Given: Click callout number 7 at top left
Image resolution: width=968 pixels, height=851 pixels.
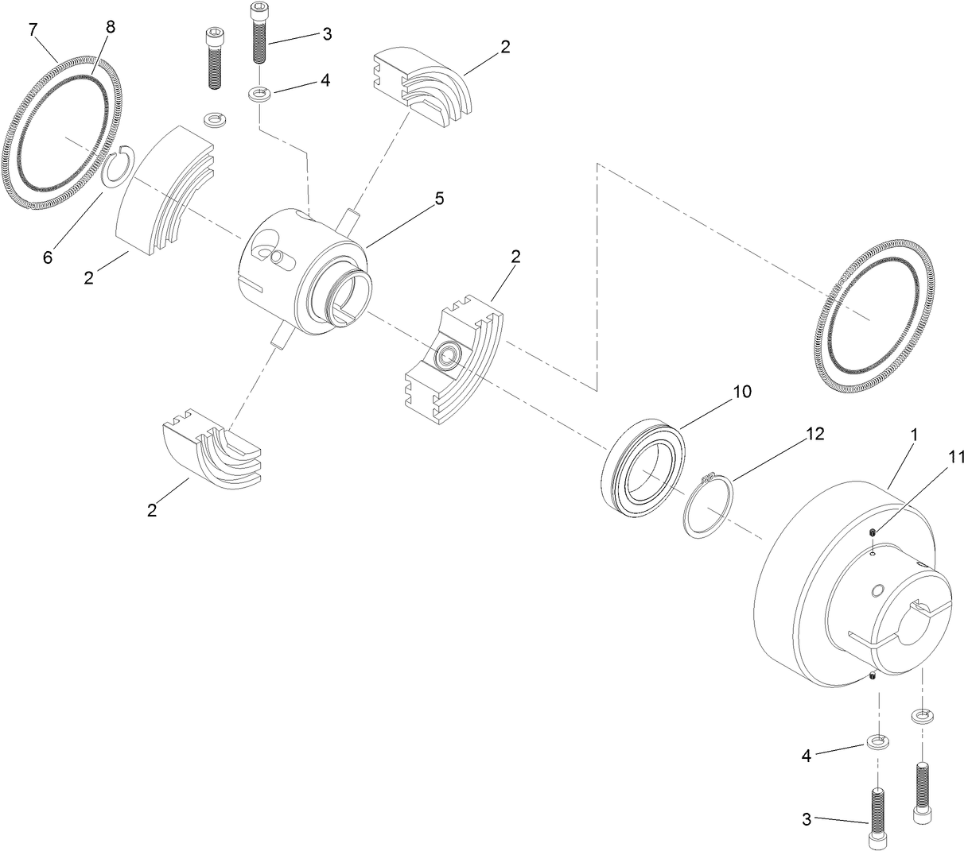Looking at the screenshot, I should pyautogui.click(x=33, y=30).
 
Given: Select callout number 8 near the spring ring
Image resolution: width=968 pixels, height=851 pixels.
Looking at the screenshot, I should pyautogui.click(x=110, y=27).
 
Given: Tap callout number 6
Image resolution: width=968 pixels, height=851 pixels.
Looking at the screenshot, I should pyautogui.click(x=48, y=258).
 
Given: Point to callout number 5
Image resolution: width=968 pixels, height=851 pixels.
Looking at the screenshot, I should pyautogui.click(x=438, y=199).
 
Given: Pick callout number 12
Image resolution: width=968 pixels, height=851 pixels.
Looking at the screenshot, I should pyautogui.click(x=814, y=434).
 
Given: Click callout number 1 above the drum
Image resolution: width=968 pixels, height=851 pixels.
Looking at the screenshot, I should pyautogui.click(x=914, y=435).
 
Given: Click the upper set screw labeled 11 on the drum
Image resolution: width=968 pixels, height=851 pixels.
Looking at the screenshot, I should pyautogui.click(x=873, y=532).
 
